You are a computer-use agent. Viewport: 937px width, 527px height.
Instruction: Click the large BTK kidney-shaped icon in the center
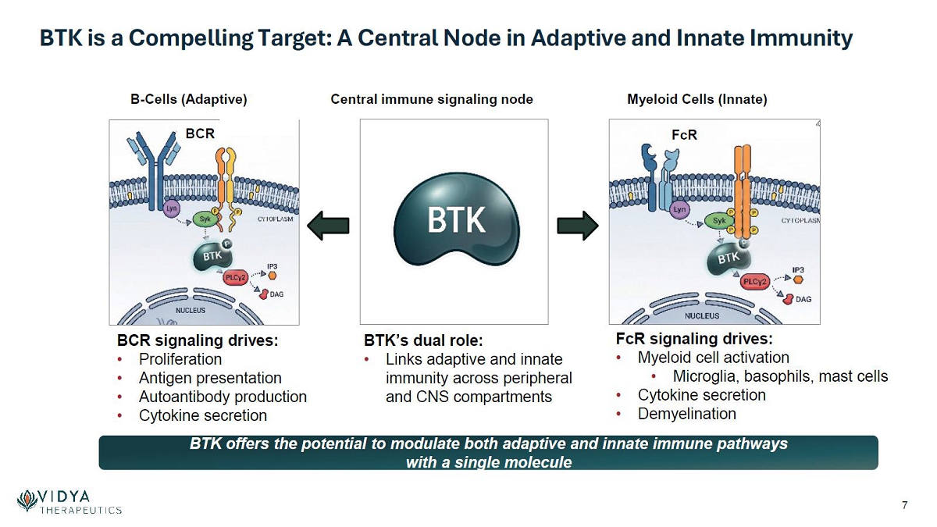click(456, 220)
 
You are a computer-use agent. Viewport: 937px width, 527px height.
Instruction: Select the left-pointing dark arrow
click(329, 226)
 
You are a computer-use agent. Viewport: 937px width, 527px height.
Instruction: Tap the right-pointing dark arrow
click(578, 226)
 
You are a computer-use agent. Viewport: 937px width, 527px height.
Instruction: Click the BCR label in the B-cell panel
click(200, 134)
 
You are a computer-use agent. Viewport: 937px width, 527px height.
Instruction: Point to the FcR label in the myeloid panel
click(684, 134)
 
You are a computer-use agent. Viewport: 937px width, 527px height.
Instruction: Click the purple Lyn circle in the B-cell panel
click(171, 208)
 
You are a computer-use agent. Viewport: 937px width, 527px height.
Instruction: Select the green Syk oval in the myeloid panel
click(719, 220)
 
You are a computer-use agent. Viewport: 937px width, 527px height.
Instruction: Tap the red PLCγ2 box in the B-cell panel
click(236, 277)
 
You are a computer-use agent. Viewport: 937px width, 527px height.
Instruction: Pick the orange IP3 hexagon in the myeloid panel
click(798, 280)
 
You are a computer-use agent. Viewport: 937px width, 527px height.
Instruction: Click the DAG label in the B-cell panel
click(276, 294)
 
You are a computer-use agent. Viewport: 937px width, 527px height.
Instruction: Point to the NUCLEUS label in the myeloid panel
click(702, 315)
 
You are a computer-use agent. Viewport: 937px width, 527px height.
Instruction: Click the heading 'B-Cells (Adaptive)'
click(189, 99)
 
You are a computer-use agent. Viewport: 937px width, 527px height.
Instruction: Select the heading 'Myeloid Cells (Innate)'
click(697, 99)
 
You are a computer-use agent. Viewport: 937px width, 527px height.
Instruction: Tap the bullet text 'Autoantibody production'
click(223, 397)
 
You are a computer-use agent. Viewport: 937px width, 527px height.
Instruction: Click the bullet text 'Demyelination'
click(687, 414)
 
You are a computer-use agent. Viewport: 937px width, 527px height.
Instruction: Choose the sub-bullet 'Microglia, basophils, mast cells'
click(781, 376)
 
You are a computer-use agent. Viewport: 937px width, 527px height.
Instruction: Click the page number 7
click(905, 505)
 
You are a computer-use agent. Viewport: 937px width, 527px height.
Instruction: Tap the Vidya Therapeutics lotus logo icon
click(27, 500)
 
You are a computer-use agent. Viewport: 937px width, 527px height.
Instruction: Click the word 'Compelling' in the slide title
click(191, 38)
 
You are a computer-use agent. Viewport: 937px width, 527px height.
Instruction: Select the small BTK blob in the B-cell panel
click(212, 255)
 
